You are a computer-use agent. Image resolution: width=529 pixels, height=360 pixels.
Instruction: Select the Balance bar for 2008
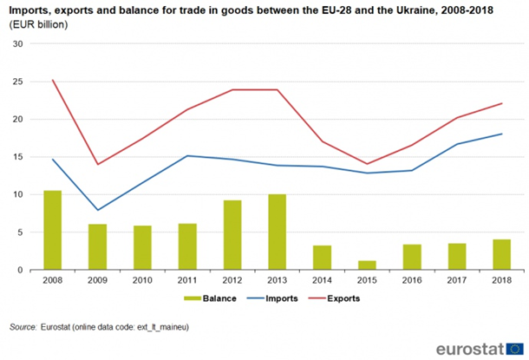(52, 230)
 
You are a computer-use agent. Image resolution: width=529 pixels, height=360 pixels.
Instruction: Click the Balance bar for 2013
(277, 232)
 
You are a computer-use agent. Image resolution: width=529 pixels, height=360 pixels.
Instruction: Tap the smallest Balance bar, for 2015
(367, 265)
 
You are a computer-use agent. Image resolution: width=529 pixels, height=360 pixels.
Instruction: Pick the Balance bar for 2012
(232, 235)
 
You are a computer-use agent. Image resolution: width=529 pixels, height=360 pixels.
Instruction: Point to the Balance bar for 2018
(502, 254)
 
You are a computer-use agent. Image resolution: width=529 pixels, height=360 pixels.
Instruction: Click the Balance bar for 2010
(142, 248)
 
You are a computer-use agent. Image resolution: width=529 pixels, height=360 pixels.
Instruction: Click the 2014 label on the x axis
(322, 280)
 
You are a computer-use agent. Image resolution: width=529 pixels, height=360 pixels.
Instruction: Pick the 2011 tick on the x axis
(186, 280)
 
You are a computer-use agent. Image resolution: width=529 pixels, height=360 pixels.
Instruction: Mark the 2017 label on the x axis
(457, 280)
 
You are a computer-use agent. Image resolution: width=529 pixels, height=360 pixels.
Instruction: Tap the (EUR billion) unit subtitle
(38, 24)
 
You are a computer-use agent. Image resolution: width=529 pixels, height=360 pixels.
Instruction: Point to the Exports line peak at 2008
(53, 81)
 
